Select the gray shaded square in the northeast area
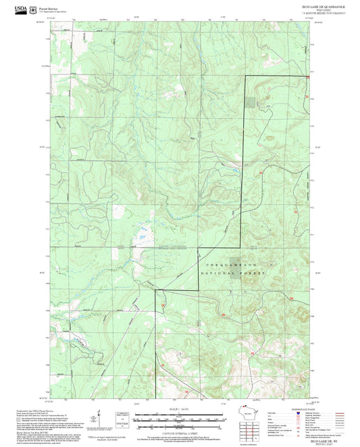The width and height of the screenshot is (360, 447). pos(251,102)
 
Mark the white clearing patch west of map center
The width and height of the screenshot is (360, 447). pos(143,236)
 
